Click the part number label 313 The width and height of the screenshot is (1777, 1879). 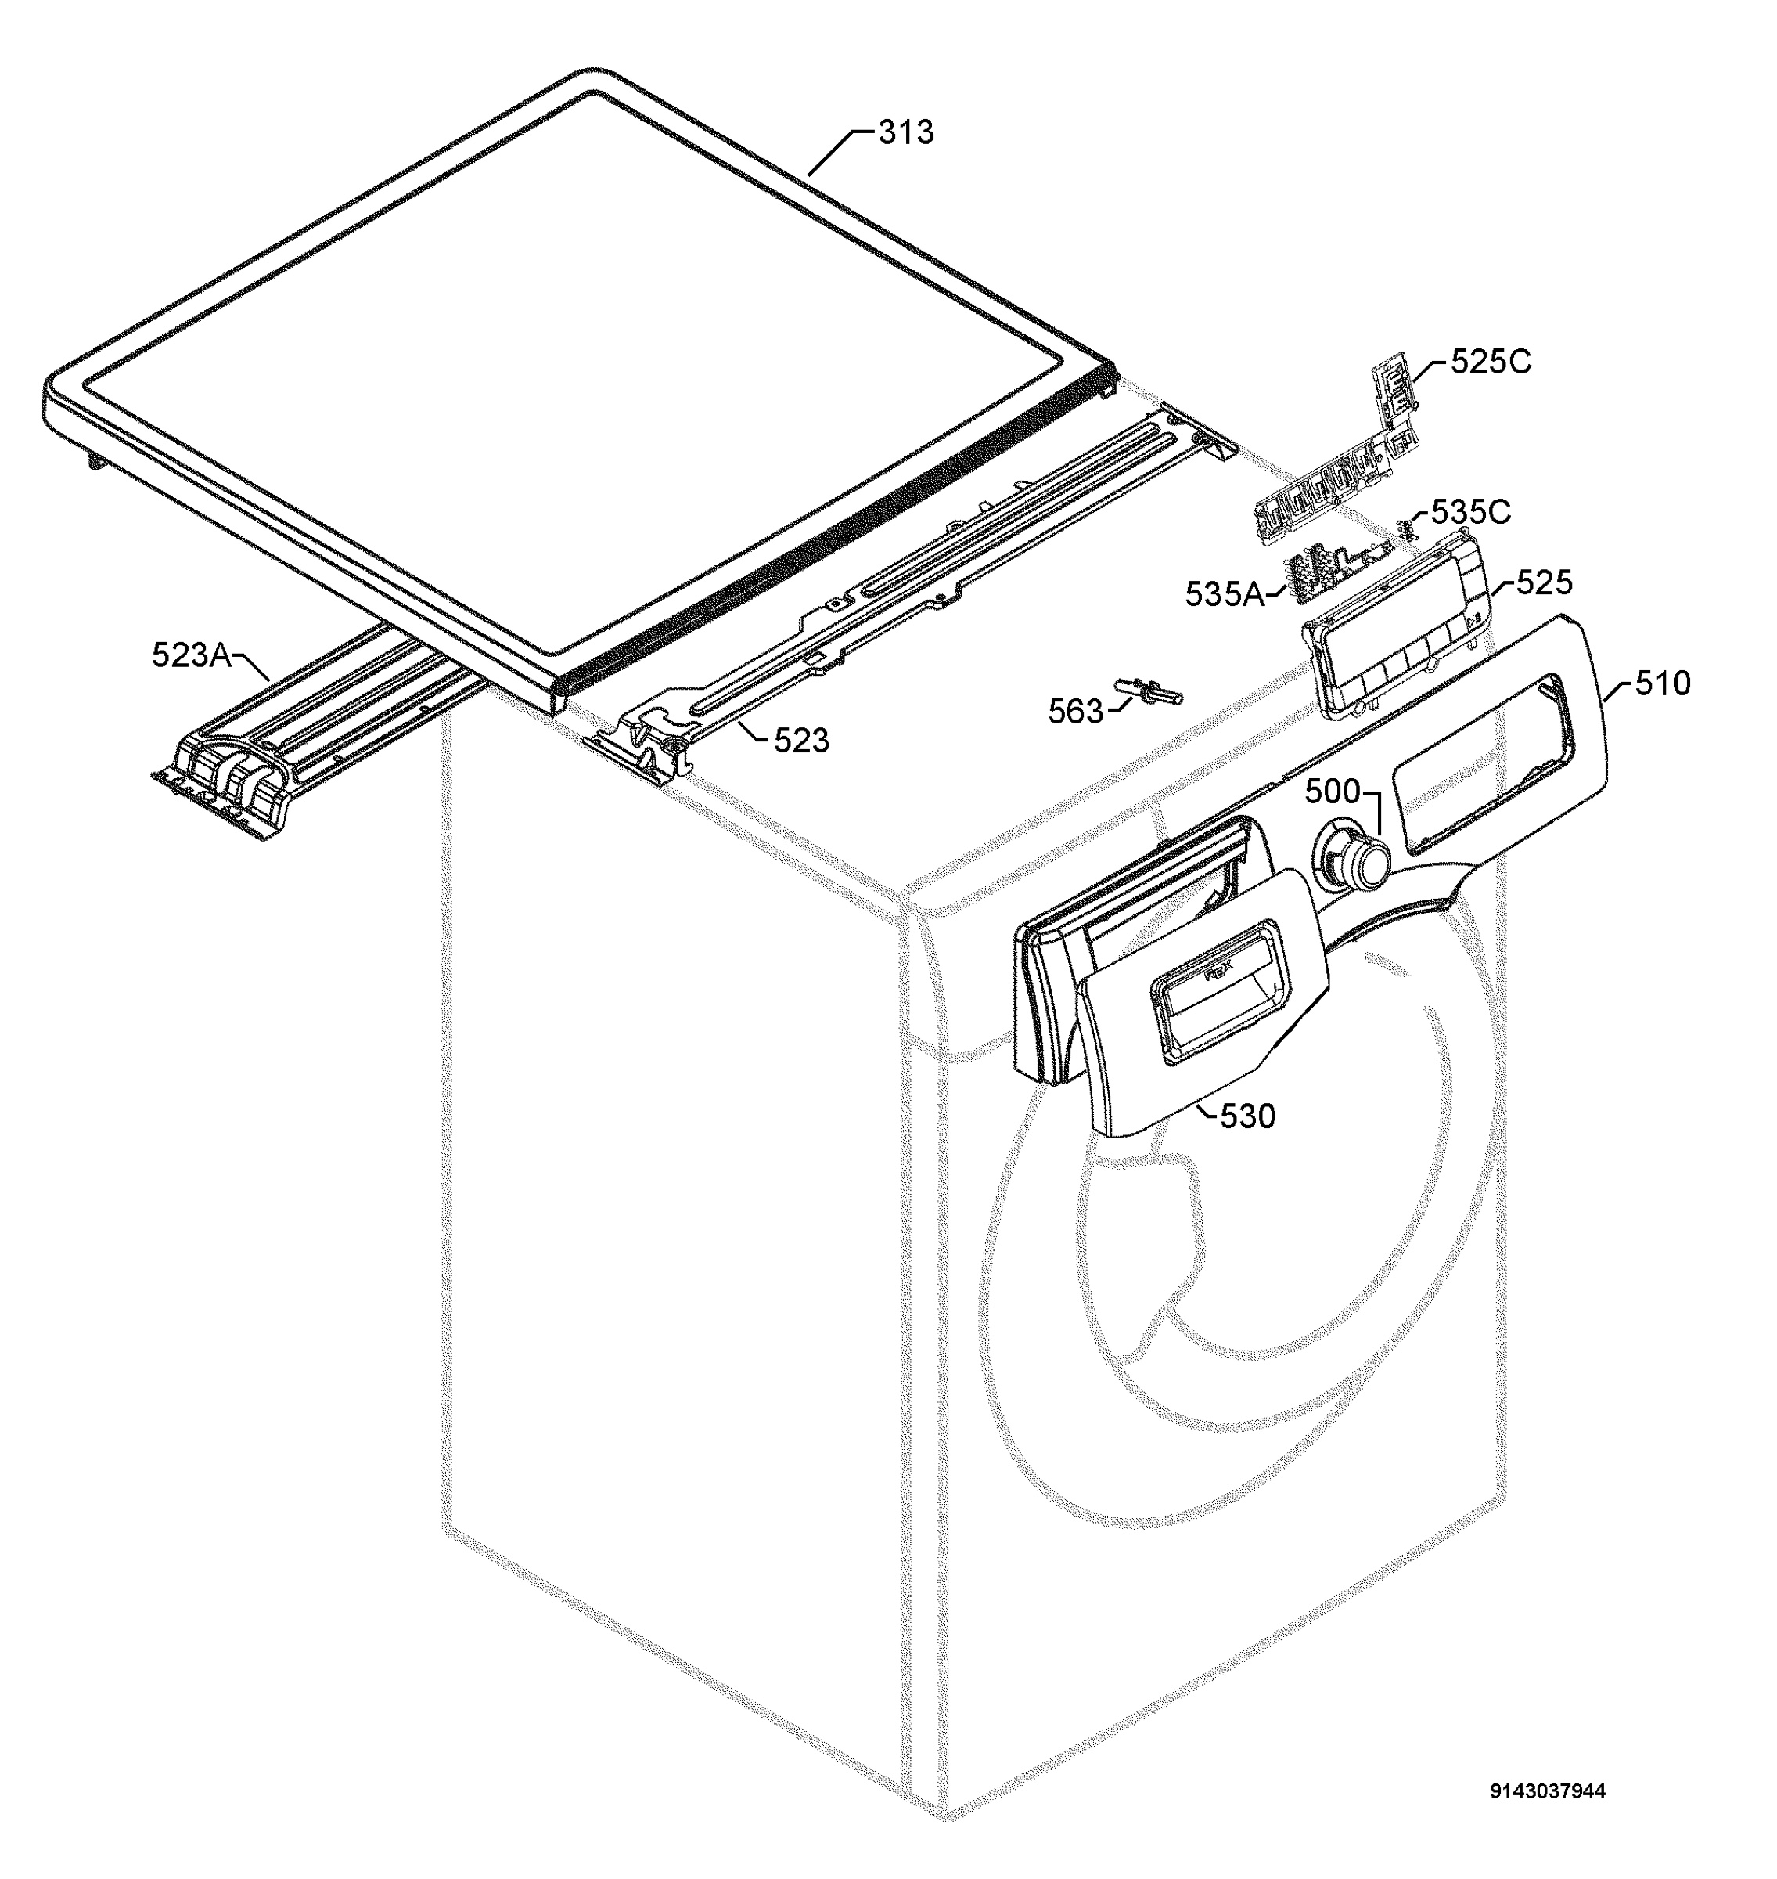[905, 132]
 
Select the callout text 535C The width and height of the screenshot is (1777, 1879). [1470, 512]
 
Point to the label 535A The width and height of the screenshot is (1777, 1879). [1225, 594]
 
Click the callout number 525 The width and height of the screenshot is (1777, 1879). [1544, 582]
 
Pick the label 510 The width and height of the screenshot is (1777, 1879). [1663, 683]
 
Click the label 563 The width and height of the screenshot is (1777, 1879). [1076, 711]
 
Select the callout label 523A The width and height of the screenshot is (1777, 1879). [192, 654]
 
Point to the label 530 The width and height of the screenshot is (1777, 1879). [1247, 1116]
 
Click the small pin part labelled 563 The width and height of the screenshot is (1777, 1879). [1151, 688]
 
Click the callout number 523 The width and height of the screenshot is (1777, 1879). [801, 740]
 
